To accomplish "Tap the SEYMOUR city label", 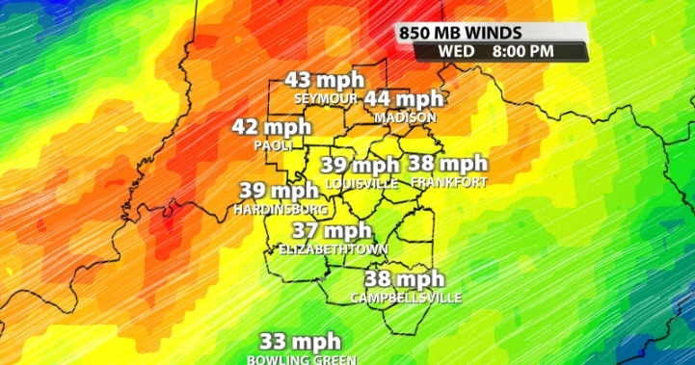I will pos(326,98).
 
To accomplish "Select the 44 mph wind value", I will pos(404,98).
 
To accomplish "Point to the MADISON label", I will pos(405,117).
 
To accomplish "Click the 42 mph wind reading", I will pos(272,127).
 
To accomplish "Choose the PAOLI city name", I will pos(273,144).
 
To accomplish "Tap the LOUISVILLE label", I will pos(361,183).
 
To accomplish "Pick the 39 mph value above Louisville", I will pos(361,166).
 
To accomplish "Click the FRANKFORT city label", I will pos(448,182).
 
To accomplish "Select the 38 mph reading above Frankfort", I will pos(448,164).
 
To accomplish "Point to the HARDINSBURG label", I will pos(280,208).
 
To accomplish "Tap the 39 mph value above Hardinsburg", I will pos(279,191).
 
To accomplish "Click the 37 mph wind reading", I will pos(333,230).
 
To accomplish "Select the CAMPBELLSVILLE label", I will pos(406,298).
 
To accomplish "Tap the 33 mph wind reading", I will pos(301,341).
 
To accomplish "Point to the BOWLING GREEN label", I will pos(301,359).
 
